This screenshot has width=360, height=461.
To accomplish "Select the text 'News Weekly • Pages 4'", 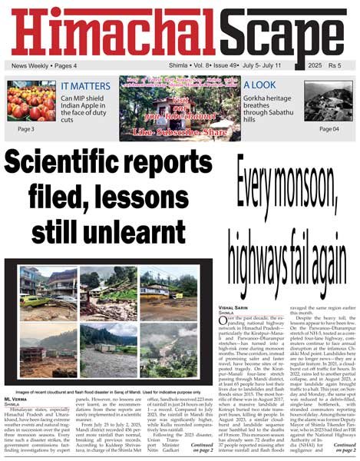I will [x=44, y=67].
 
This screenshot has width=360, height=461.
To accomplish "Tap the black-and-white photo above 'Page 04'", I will [x=329, y=101].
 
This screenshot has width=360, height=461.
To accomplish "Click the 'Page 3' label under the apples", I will [x=26, y=129].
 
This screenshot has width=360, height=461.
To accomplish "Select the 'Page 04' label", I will [x=329, y=129].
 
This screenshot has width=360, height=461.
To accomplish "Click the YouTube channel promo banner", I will [x=180, y=108].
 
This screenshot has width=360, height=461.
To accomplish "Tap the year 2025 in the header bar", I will [x=312, y=66].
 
